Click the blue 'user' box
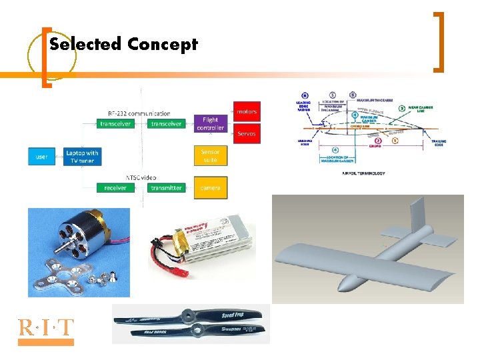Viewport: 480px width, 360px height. [41, 157]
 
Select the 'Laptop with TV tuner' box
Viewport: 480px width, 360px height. [82, 157]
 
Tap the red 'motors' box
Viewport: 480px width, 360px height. [246, 111]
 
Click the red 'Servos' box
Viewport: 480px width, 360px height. [246, 133]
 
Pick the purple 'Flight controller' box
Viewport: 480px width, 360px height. [210, 123]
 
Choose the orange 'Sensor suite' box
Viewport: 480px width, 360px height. [210, 156]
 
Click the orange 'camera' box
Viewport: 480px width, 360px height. [210, 188]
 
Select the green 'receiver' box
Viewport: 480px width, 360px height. [115, 188]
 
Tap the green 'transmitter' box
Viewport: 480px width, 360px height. [166, 188]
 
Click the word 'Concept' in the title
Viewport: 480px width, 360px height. [163, 45]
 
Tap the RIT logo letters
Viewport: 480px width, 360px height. [46, 328]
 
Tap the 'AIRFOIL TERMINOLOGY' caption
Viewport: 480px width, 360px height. [363, 173]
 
